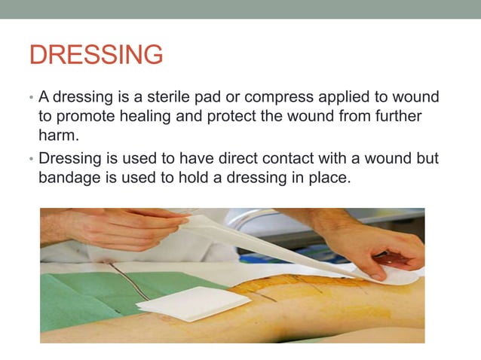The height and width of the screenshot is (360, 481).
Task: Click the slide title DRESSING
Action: tap(96, 55)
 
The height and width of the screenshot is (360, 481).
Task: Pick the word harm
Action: tap(57, 136)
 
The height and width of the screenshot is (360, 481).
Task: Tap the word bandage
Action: tap(69, 178)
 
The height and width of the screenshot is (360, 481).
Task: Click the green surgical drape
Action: tap(75, 301)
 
